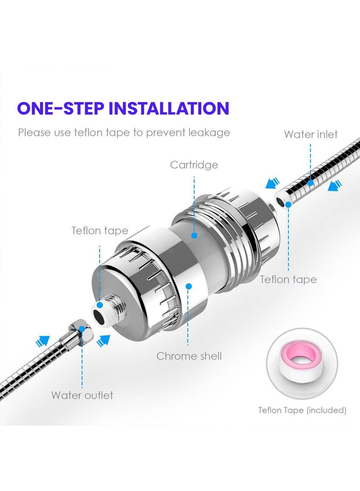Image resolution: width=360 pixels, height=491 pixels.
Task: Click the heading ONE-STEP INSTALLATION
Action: (x=123, y=108)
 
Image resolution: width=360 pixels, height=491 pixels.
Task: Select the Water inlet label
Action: (x=311, y=134)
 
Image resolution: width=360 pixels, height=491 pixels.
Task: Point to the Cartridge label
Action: (x=194, y=165)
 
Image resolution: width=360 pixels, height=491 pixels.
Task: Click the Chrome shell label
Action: (x=189, y=356)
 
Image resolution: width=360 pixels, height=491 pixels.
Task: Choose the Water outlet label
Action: (x=82, y=395)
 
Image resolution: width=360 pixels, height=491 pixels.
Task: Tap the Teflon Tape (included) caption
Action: (x=302, y=410)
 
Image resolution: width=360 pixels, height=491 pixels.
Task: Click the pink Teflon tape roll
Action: (x=302, y=364)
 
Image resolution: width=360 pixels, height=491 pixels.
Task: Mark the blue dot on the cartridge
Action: (x=194, y=235)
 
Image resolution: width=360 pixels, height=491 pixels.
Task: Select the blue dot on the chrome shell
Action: (x=189, y=286)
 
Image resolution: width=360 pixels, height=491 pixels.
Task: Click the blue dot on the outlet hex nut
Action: (x=82, y=329)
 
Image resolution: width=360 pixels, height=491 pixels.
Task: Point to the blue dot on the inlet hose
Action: (x=310, y=183)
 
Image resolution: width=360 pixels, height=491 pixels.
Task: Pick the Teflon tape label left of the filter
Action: (x=100, y=231)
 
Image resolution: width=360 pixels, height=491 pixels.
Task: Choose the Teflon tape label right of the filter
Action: (x=288, y=279)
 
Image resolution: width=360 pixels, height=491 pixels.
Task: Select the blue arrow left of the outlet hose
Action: (x=42, y=341)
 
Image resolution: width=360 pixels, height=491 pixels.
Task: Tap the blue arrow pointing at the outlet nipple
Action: (x=103, y=340)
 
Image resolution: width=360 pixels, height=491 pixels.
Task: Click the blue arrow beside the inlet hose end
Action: (x=272, y=183)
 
